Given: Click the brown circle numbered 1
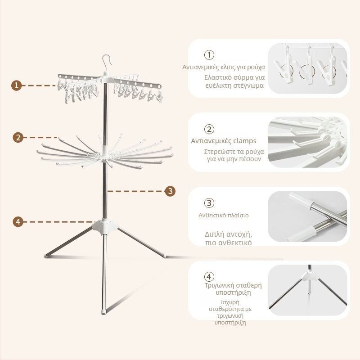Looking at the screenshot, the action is [x=16, y=85].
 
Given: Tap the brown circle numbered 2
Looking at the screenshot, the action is [x=18, y=137].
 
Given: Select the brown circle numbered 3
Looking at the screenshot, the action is [x=170, y=191].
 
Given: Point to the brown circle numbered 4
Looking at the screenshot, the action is [x=18, y=222].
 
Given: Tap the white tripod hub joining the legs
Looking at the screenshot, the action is [x=105, y=227].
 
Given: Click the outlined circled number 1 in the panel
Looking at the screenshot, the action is [x=209, y=55].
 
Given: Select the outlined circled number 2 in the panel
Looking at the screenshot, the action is [x=209, y=129].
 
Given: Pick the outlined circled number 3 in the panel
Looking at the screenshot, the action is [x=209, y=203].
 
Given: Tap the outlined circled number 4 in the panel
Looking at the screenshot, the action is [x=209, y=277].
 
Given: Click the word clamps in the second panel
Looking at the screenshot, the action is [x=243, y=141].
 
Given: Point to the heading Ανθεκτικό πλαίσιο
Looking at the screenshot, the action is [x=223, y=216].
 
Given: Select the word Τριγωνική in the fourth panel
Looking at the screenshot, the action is [x=220, y=285].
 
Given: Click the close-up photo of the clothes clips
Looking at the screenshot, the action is [x=307, y=68].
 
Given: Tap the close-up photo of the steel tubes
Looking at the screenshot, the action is [x=307, y=216].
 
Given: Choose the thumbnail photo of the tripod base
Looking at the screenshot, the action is [x=307, y=290].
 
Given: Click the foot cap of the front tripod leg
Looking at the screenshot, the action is [x=104, y=312].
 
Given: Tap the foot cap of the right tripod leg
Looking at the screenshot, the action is [x=164, y=255].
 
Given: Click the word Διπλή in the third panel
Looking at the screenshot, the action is [x=214, y=234].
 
